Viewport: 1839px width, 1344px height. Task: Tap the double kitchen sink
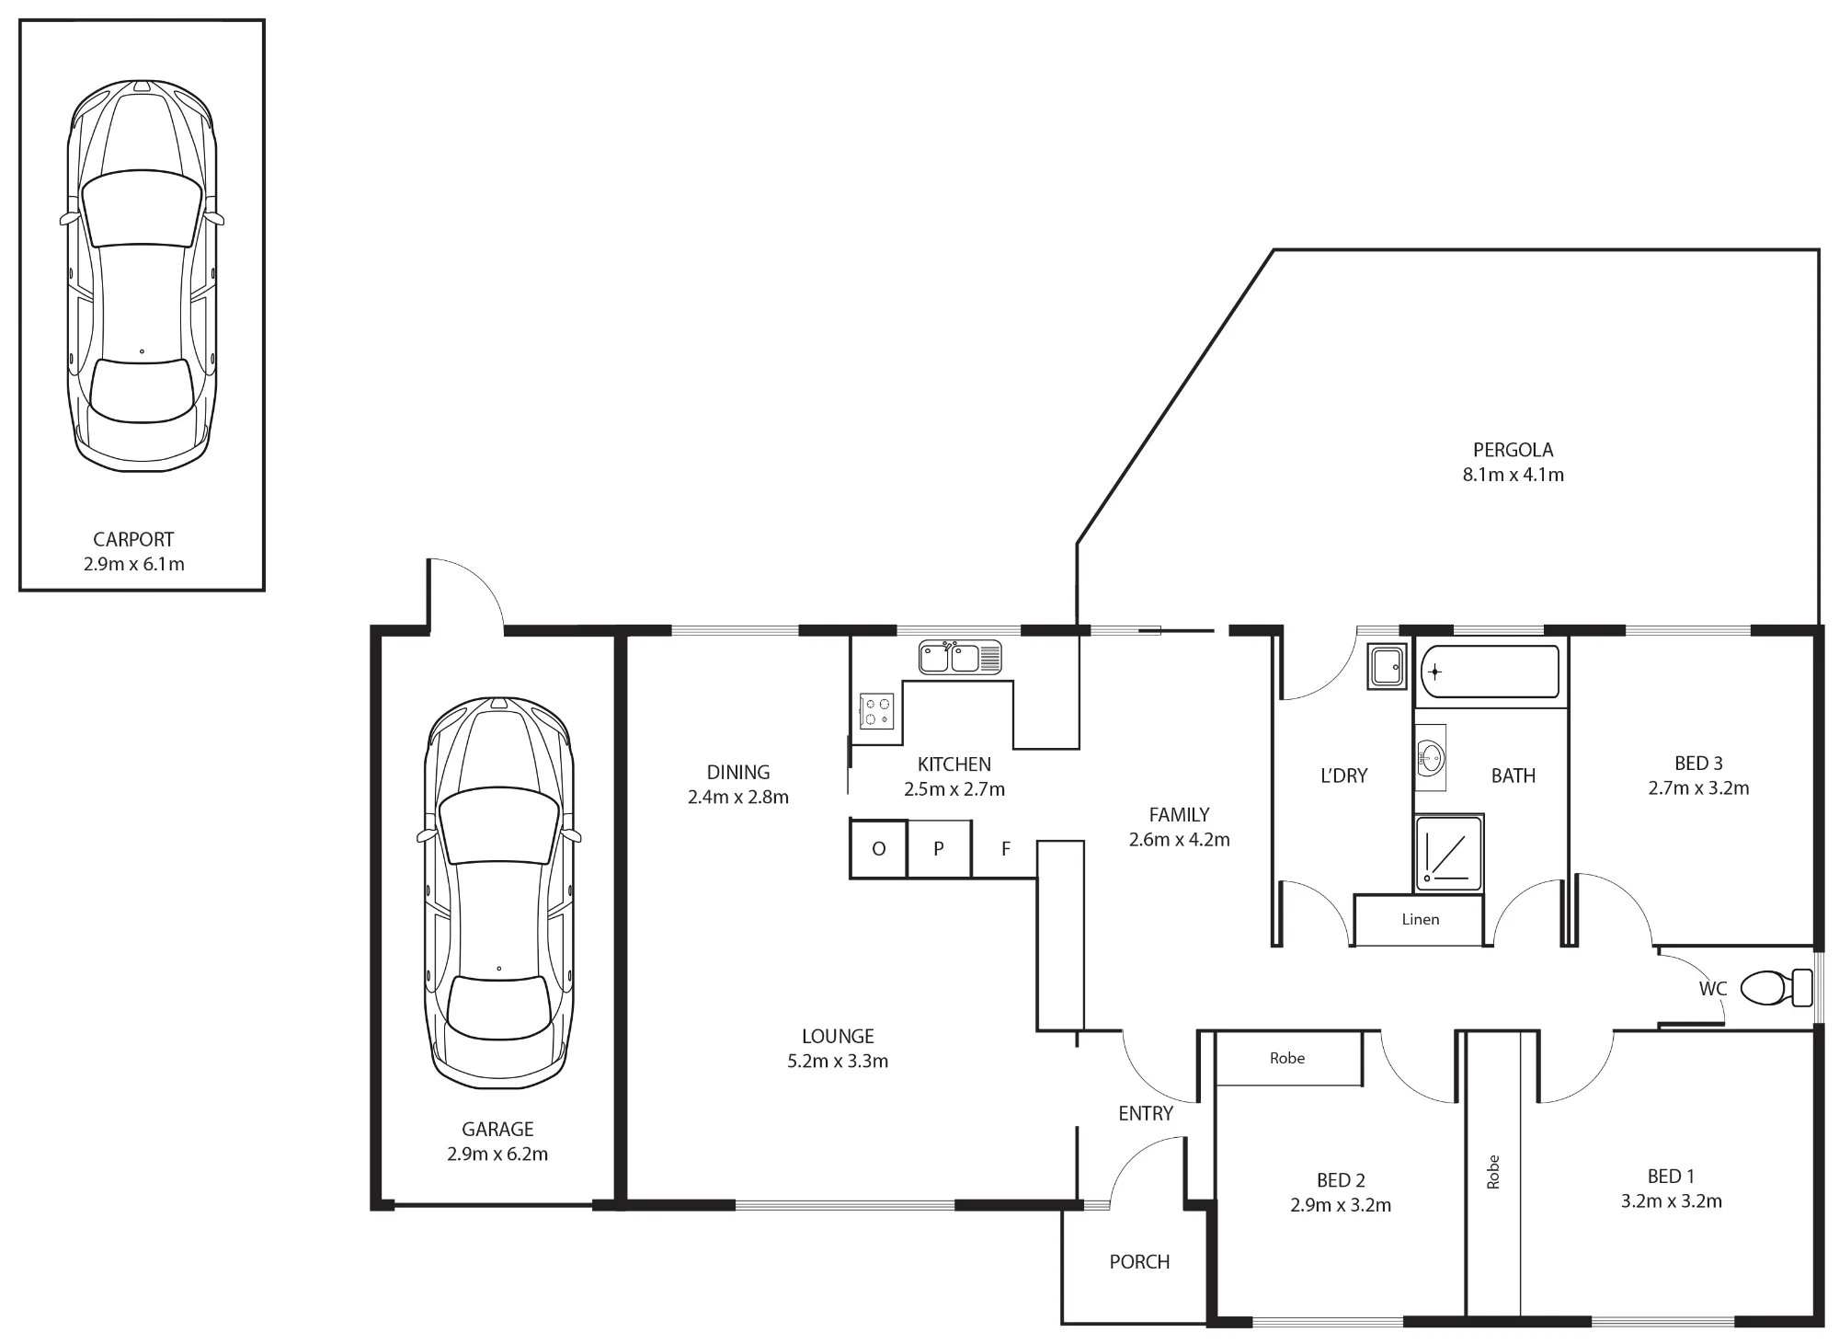(x=960, y=658)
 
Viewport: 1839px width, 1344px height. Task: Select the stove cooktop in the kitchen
(x=876, y=711)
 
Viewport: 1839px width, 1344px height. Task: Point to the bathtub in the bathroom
(x=1490, y=672)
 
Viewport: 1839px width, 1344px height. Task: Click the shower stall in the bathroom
(x=1448, y=853)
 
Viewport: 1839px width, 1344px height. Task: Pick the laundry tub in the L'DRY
(x=1387, y=666)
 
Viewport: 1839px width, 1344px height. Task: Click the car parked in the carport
(x=142, y=276)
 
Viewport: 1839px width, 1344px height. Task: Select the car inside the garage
(x=498, y=893)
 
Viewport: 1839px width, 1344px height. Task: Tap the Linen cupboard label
(x=1421, y=919)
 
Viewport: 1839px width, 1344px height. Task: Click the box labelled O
(x=878, y=849)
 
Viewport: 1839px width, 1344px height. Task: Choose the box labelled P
(x=939, y=849)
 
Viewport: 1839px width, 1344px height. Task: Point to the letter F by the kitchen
(x=1006, y=849)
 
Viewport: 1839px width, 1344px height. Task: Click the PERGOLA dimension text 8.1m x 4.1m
(x=1513, y=475)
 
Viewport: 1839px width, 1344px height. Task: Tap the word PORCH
(x=1139, y=1262)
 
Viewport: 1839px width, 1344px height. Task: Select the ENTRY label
(x=1146, y=1113)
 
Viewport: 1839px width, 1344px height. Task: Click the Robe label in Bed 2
(x=1287, y=1058)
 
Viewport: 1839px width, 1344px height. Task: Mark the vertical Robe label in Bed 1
(x=1493, y=1172)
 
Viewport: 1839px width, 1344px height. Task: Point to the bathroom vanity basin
(x=1431, y=758)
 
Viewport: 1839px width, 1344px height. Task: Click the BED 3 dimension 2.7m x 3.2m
(x=1698, y=788)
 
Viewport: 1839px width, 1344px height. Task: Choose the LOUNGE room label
(x=838, y=1036)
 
